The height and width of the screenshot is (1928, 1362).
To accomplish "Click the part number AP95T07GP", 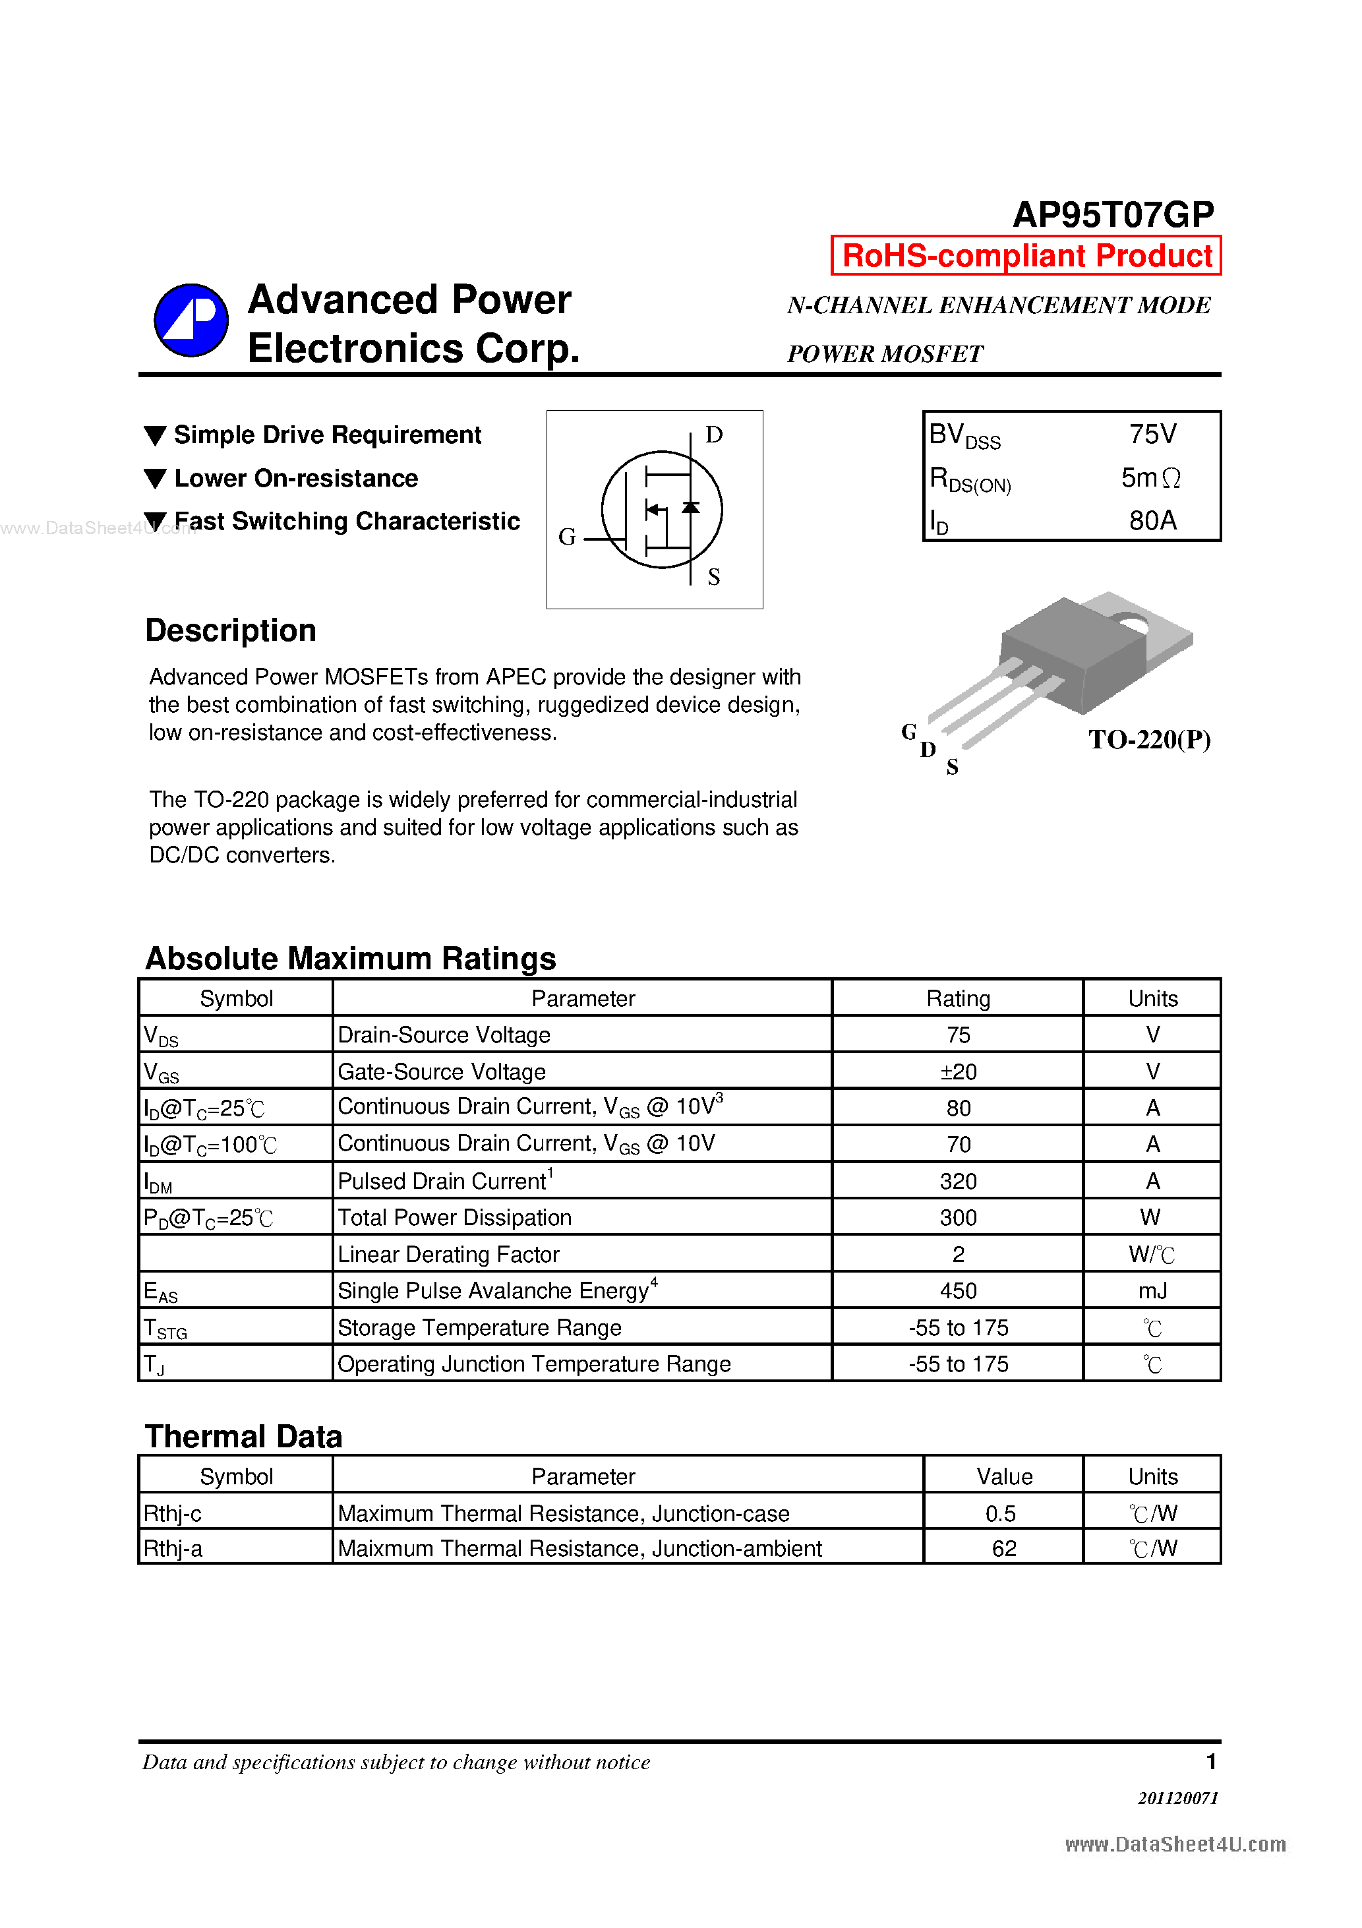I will pyautogui.click(x=1113, y=215).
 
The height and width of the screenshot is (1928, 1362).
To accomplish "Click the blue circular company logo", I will pyautogui.click(x=191, y=320).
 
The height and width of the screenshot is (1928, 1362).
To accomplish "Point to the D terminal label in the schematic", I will pyautogui.click(x=714, y=435).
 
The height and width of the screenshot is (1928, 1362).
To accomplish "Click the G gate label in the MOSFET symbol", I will pyautogui.click(x=567, y=537).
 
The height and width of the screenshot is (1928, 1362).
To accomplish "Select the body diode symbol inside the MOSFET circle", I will pyautogui.click(x=690, y=507).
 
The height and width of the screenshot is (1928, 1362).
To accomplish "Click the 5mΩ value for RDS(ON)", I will pyautogui.click(x=1150, y=478).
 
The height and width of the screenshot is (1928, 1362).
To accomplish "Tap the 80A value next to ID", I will pyautogui.click(x=1152, y=521).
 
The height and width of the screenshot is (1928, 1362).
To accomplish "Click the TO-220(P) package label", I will pyautogui.click(x=1148, y=740).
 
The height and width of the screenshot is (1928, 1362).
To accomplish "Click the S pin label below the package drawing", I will pyautogui.click(x=951, y=767).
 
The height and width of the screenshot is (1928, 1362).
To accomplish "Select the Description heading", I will pyautogui.click(x=231, y=630).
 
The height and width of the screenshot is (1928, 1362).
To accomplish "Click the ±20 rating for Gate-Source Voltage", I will pyautogui.click(x=957, y=1071).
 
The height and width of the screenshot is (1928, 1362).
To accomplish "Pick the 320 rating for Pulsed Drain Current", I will pyautogui.click(x=957, y=1182).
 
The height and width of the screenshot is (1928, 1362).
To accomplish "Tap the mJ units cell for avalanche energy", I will pyautogui.click(x=1152, y=1290).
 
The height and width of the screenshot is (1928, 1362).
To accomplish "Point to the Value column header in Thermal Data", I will pyautogui.click(x=1003, y=1476).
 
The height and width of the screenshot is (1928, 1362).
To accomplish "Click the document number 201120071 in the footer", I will pyautogui.click(x=1177, y=1798).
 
